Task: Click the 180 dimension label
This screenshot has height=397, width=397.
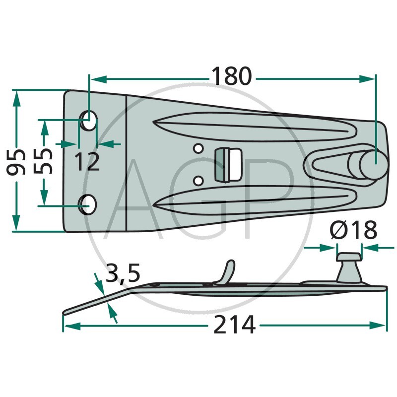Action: (x=232, y=76)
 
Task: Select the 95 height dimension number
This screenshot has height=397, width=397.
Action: (x=16, y=162)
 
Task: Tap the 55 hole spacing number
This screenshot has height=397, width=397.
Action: (x=43, y=161)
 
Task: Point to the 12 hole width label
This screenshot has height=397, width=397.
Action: (x=87, y=162)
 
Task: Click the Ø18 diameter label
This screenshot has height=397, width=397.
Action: (x=353, y=230)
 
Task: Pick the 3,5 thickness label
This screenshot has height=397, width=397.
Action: (x=123, y=272)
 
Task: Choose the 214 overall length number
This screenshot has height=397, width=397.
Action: (x=234, y=325)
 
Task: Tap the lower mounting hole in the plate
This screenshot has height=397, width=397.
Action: (x=88, y=204)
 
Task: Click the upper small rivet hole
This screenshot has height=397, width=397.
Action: (x=198, y=148)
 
